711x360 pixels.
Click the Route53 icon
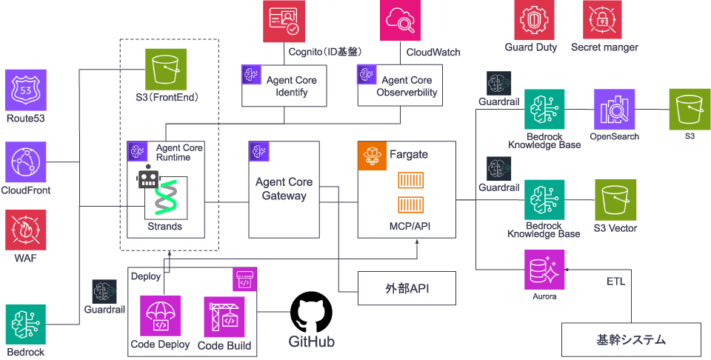(x=26, y=90)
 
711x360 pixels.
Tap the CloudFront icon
(x=26, y=162)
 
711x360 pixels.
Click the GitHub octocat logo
(x=311, y=312)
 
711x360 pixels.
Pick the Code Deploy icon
(x=160, y=317)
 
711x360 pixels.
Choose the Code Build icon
(x=224, y=317)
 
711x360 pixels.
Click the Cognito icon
(x=284, y=21)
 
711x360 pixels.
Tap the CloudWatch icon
(x=401, y=21)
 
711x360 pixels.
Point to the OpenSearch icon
(x=614, y=110)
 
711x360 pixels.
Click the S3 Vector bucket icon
(x=615, y=200)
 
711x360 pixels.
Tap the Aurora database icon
(x=544, y=270)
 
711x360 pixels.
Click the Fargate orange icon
(x=373, y=156)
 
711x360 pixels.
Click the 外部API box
(x=404, y=289)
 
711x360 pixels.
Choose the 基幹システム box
(x=631, y=340)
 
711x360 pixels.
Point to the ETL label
(x=615, y=282)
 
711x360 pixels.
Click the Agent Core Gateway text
(x=284, y=189)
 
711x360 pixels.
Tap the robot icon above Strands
(x=149, y=177)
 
